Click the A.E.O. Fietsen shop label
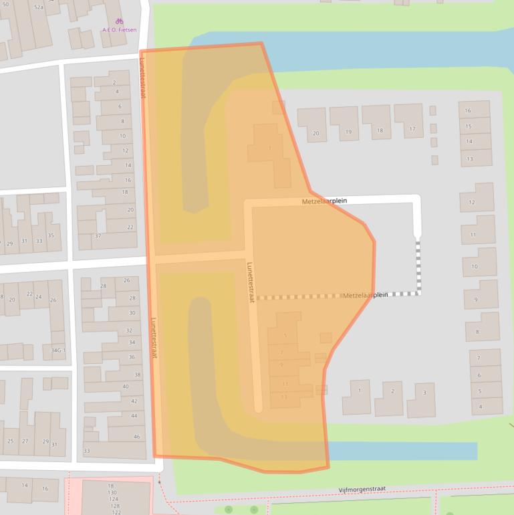pyautogui.click(x=119, y=29)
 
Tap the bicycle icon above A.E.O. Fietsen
pyautogui.click(x=119, y=21)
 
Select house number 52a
pyautogui.click(x=39, y=7)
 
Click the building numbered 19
pyautogui.click(x=348, y=132)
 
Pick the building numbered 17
pyautogui.click(x=412, y=129)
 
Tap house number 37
pyautogui.click(x=98, y=235)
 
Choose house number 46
pyautogui.click(x=136, y=437)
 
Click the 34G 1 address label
pyautogui.click(x=58, y=350)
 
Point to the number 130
pyautogui.click(x=112, y=492)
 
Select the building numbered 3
pyautogui.click(x=424, y=393)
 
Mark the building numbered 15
pyautogui.click(x=469, y=126)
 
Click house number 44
pyautogui.click(x=134, y=415)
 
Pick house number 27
pyautogui.click(x=25, y=441)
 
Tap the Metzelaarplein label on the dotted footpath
pyautogui.click(x=365, y=295)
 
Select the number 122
pyautogui.click(x=116, y=512)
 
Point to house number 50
pyautogui.click(x=6, y=5)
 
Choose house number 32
pyautogui.click(x=130, y=330)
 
